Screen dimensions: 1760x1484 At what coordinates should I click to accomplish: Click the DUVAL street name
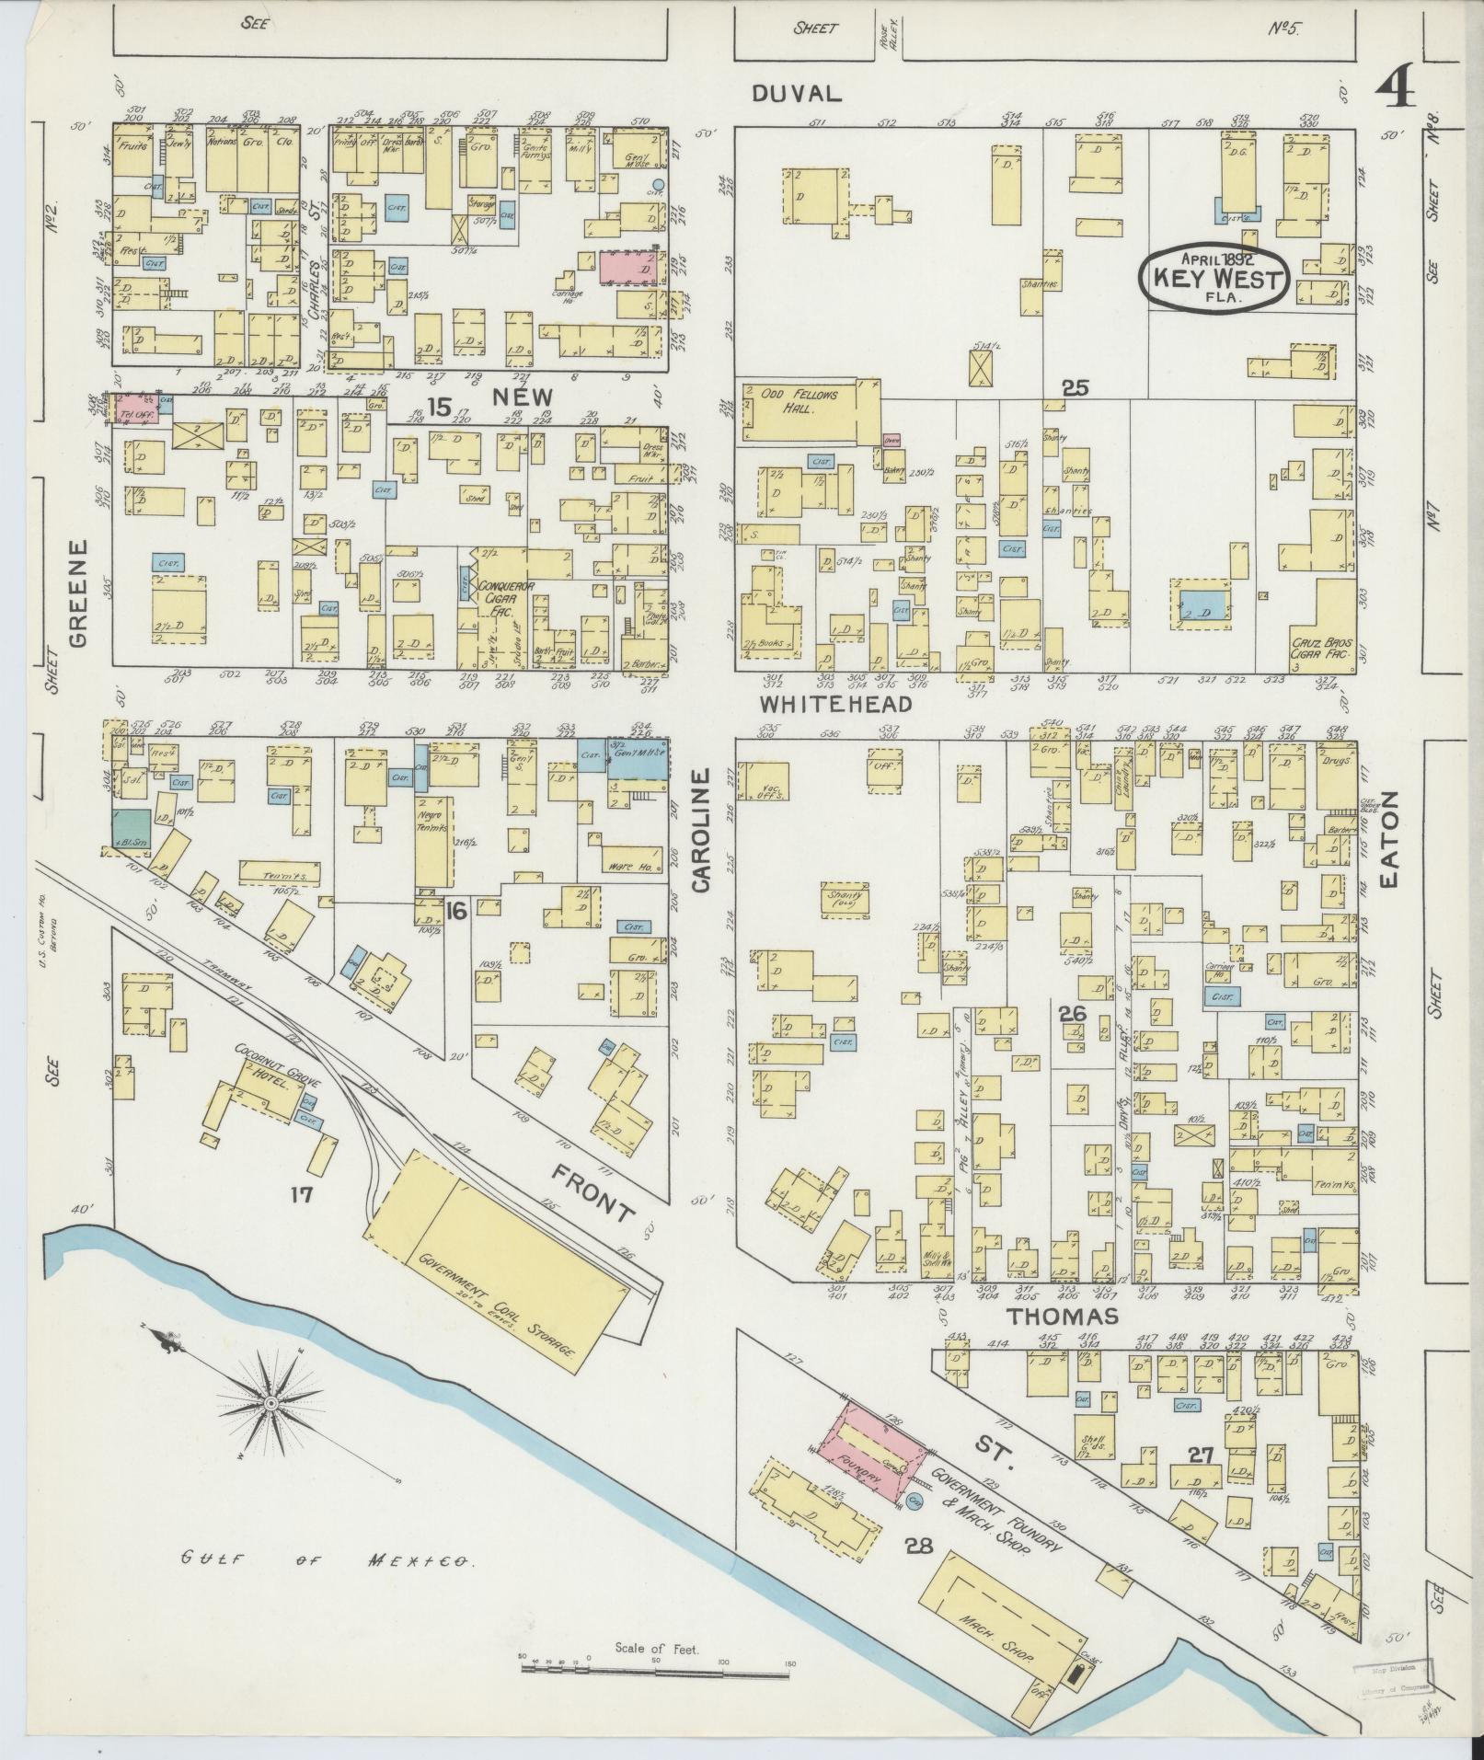pyautogui.click(x=796, y=93)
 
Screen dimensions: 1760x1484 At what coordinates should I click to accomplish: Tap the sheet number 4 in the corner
pyautogui.click(x=1397, y=91)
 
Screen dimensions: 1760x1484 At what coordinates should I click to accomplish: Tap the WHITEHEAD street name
pyautogui.click(x=835, y=704)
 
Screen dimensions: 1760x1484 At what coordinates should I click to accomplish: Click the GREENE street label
pyautogui.click(x=77, y=592)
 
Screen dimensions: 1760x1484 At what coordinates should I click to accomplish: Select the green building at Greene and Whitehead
pyautogui.click(x=130, y=828)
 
